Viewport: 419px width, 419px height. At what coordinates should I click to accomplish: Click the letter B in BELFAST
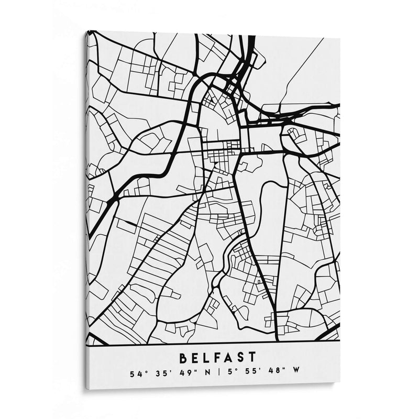click(x=184, y=358)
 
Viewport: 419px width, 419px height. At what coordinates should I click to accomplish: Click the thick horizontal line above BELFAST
click(x=210, y=343)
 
